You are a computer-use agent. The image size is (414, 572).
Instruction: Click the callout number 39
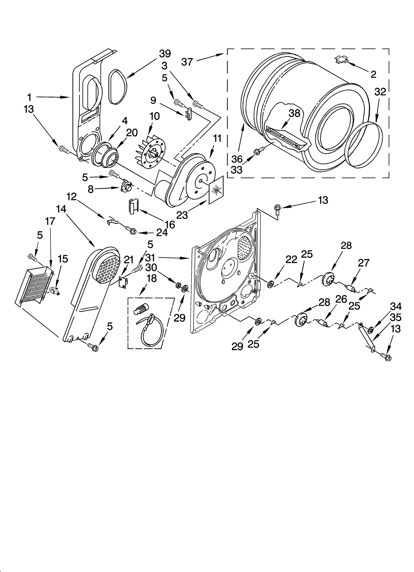(165, 54)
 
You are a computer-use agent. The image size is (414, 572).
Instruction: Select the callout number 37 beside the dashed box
(187, 62)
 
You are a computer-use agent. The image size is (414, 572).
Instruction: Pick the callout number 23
(182, 215)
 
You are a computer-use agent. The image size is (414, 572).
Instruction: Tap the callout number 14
(61, 209)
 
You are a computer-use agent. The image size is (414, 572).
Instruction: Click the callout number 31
(150, 257)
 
